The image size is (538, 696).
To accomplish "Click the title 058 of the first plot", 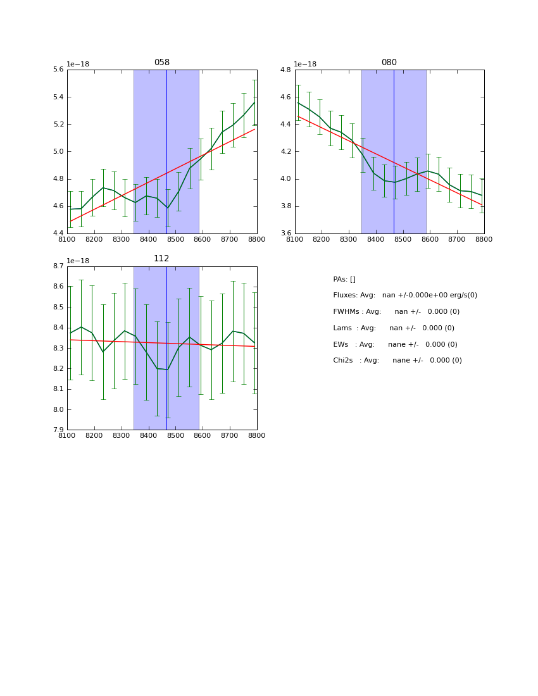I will pyautogui.click(x=161, y=63).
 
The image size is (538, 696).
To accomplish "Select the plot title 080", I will pyautogui.click(x=389, y=63).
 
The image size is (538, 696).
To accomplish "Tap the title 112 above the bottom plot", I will pyautogui.click(x=161, y=259).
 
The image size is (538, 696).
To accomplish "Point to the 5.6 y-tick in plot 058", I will pyautogui.click(x=58, y=70).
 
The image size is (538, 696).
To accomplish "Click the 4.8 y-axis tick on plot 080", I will pyautogui.click(x=285, y=70).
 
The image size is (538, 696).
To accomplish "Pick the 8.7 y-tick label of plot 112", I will pyautogui.click(x=58, y=266).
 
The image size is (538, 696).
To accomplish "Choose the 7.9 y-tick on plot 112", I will pyautogui.click(x=58, y=430).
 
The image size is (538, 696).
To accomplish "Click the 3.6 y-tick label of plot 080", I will pyautogui.click(x=285, y=233).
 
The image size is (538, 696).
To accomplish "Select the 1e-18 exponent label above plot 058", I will pyautogui.click(x=78, y=65).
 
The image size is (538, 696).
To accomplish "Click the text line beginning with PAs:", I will pyautogui.click(x=344, y=280).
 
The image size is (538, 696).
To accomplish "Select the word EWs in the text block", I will pyautogui.click(x=341, y=345).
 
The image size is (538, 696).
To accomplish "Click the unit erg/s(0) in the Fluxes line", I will pyautogui.click(x=461, y=295).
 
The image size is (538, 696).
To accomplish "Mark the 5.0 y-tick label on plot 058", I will pyautogui.click(x=58, y=152).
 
